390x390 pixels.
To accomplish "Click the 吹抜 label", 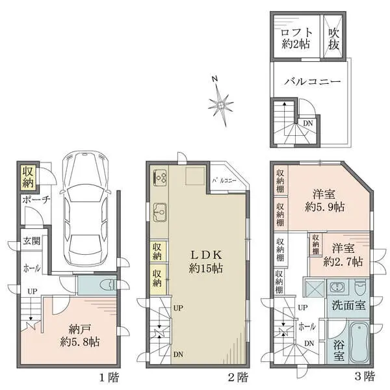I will coord(334,38).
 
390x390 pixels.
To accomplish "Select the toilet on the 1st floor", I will coord(105,284).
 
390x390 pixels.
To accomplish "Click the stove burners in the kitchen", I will coord(161,176).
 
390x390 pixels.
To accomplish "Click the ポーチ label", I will coord(36,200).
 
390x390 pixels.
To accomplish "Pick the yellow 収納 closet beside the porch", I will coord(28,176).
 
